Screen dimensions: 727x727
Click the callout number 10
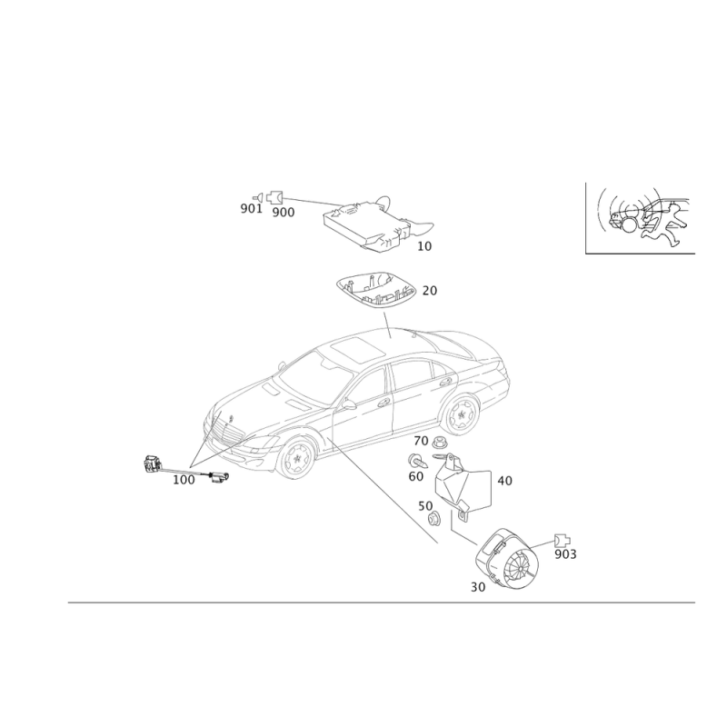(424, 246)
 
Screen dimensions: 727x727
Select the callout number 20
(429, 291)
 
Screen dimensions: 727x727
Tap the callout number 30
(478, 587)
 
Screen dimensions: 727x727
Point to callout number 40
(505, 481)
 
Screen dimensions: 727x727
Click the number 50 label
(425, 506)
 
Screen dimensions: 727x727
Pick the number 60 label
(416, 476)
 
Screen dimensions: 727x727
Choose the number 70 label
(421, 441)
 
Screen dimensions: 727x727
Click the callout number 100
(184, 480)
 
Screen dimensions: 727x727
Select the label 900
(283, 213)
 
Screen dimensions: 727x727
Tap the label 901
(252, 209)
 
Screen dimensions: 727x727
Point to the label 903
(565, 554)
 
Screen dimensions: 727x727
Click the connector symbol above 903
(562, 541)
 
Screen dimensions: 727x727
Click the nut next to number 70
(439, 443)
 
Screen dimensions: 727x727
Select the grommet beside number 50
(434, 519)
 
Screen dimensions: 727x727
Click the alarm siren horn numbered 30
(507, 561)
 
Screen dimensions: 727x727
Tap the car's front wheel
(296, 458)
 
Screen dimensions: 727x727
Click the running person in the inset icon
(664, 225)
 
